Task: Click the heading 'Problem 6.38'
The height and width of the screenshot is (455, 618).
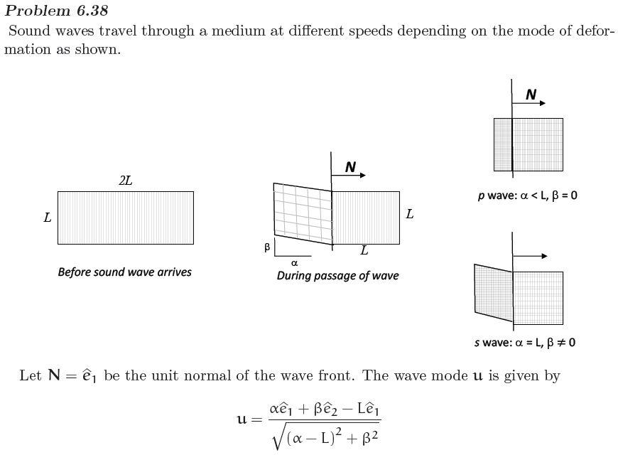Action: [57, 11]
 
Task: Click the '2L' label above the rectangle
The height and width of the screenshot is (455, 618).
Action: [125, 181]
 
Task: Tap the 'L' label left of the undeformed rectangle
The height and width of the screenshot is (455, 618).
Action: [48, 218]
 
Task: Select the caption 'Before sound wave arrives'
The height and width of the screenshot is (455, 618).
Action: [124, 272]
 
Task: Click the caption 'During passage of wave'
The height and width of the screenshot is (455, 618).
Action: [337, 275]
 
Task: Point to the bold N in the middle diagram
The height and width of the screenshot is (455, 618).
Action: [350, 167]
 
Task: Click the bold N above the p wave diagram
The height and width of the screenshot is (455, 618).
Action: [531, 95]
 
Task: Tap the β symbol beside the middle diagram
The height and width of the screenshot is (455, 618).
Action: [267, 247]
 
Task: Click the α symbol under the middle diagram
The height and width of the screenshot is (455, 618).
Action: [294, 263]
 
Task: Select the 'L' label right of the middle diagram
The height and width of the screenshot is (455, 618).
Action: [410, 213]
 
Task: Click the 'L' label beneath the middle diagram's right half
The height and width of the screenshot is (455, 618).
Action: [364, 250]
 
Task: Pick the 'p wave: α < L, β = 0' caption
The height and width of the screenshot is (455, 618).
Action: [527, 195]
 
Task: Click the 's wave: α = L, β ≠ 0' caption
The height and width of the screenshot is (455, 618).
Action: [525, 343]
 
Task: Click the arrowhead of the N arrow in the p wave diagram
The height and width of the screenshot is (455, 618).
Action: [543, 103]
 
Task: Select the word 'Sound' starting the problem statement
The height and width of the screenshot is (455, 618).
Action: [28, 31]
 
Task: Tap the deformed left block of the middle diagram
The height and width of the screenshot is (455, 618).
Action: [303, 213]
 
